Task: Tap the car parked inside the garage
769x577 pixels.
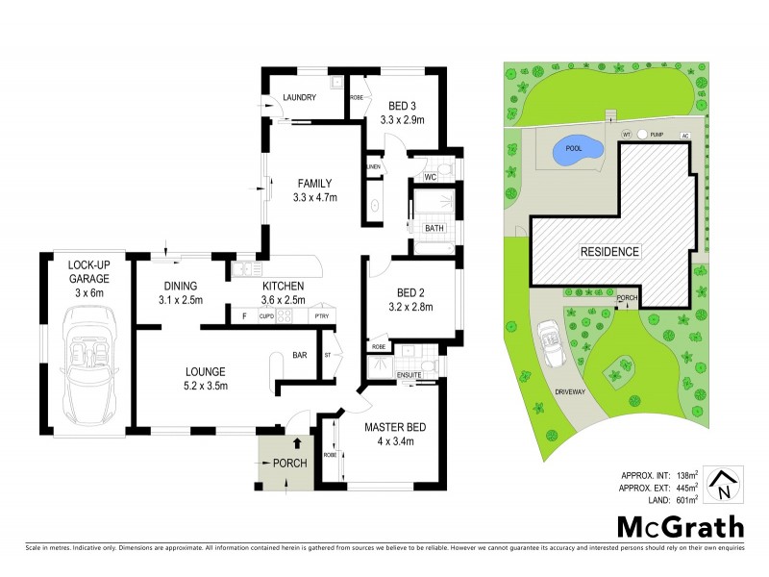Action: point(87,359)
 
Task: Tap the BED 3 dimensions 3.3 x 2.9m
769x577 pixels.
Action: point(402,120)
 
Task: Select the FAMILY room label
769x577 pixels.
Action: point(314,184)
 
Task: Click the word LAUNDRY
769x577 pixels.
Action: point(299,96)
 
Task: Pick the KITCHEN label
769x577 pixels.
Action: point(284,286)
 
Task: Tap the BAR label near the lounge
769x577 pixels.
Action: point(300,356)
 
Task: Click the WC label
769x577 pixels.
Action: point(433,177)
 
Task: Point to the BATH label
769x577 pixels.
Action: point(434,228)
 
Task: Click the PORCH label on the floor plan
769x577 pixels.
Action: point(289,464)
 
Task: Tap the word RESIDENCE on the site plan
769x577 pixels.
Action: point(608,251)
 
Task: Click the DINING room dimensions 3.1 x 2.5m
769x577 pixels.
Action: point(180,300)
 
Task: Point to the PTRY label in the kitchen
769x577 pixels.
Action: point(320,315)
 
